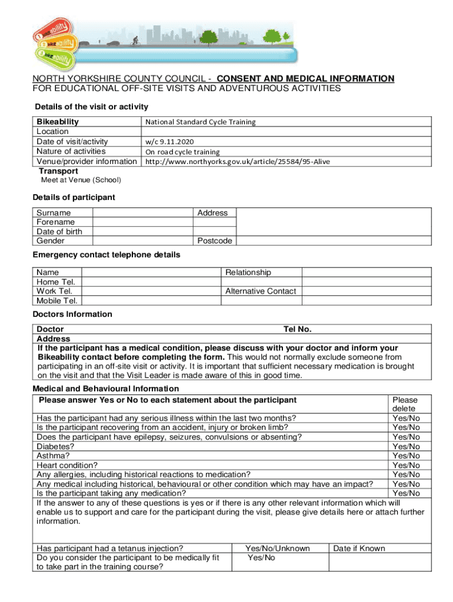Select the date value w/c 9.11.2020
(169, 142)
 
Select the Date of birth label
(59, 232)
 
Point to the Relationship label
(248, 272)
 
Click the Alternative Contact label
(261, 291)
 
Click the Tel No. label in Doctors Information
(297, 329)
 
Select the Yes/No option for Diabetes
(406, 446)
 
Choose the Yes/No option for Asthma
(406, 456)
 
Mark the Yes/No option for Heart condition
(406, 465)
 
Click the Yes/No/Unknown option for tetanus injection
(277, 549)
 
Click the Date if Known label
(359, 549)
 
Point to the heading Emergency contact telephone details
(106, 255)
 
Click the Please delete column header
(405, 404)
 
